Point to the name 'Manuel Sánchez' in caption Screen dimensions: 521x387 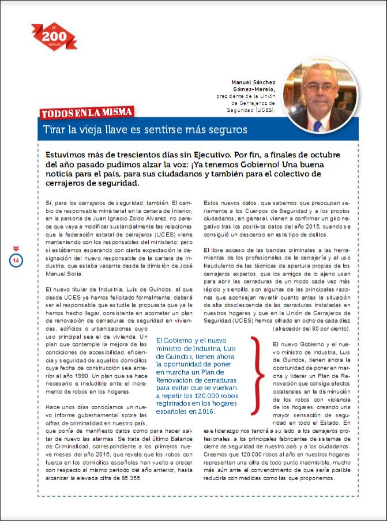253,82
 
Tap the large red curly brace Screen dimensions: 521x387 257,372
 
